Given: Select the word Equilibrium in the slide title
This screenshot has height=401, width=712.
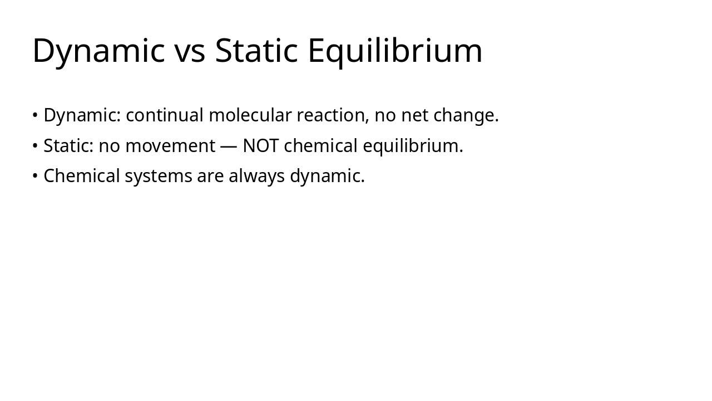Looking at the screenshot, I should click(394, 51).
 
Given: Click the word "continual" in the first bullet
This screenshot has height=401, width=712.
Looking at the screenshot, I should click(165, 115).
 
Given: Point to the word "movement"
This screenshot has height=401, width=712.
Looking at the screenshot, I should click(170, 146).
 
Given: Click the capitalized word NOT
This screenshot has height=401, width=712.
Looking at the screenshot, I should click(260, 146).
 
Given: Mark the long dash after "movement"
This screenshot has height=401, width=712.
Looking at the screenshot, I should click(229, 146).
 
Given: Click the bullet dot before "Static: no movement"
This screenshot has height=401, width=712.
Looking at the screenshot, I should click(35, 146).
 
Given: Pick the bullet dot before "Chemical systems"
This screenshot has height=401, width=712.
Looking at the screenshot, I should click(35, 176).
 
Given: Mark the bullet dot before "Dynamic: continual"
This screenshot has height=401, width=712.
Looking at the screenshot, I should click(35, 115).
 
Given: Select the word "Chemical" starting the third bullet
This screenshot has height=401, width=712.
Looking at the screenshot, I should click(82, 176).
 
